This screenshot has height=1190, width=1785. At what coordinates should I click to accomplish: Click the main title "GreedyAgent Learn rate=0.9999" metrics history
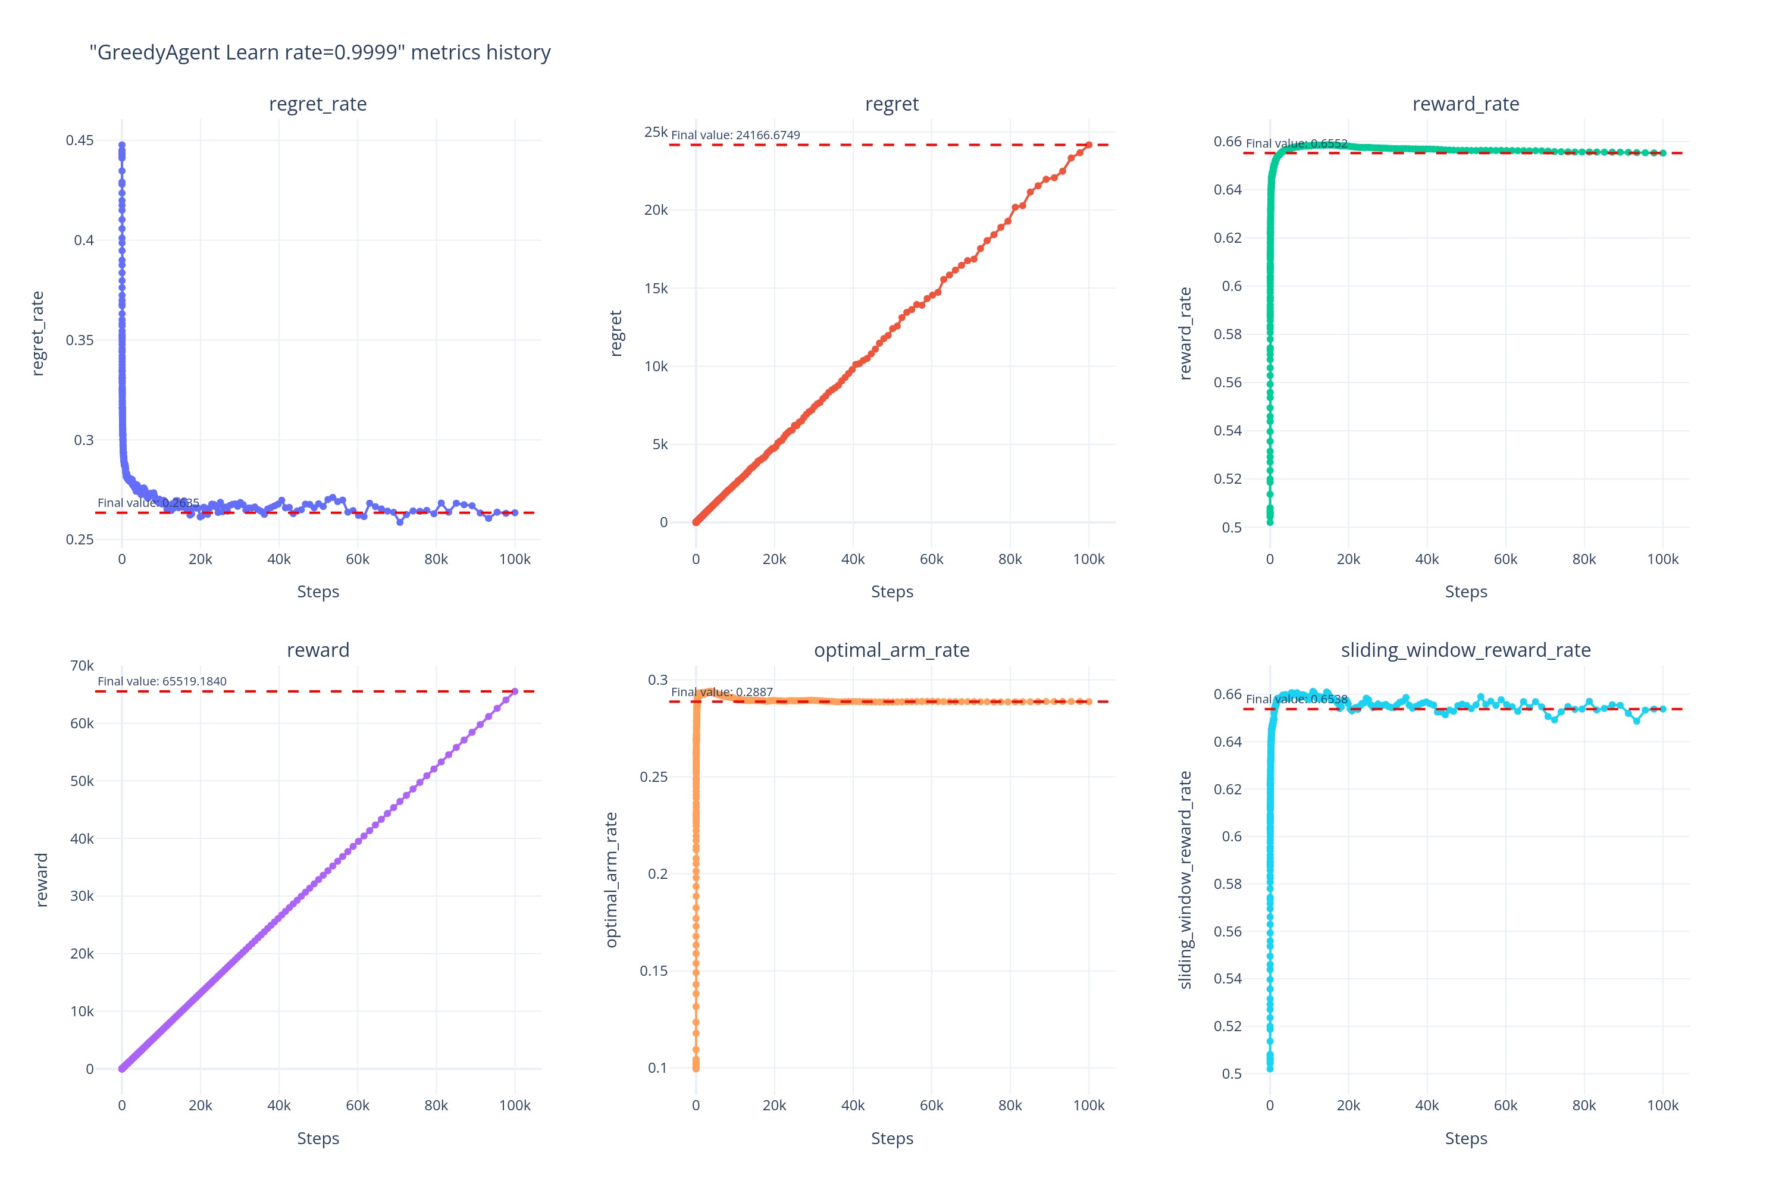coord(320,52)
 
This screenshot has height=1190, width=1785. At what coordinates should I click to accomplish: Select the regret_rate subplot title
coord(317,104)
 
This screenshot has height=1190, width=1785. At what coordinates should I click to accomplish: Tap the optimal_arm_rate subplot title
coord(892,650)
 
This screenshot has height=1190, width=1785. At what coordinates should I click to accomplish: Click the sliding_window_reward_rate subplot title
coord(1465,650)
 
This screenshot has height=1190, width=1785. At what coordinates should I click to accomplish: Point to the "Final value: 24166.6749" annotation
coord(735,135)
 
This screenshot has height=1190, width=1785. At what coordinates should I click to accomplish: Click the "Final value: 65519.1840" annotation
coord(162,681)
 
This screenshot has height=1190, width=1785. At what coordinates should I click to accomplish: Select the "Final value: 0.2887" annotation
coord(722,692)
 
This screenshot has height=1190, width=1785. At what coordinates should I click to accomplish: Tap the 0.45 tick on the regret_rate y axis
coord(80,140)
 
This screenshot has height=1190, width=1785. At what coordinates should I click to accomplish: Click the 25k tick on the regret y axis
coord(656,132)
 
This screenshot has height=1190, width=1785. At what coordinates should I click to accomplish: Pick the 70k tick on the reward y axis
coord(82,666)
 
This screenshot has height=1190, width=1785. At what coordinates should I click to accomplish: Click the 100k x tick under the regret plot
coord(1088,559)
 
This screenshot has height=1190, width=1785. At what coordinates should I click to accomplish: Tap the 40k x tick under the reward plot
coord(278,1106)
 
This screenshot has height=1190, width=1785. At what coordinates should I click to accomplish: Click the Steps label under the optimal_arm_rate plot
coord(892,1138)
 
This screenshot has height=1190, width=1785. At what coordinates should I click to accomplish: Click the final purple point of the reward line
coord(515,691)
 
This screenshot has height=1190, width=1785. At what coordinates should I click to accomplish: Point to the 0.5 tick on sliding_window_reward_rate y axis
coord(1232,1074)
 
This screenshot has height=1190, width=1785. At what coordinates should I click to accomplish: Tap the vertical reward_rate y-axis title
coord(1185,333)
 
